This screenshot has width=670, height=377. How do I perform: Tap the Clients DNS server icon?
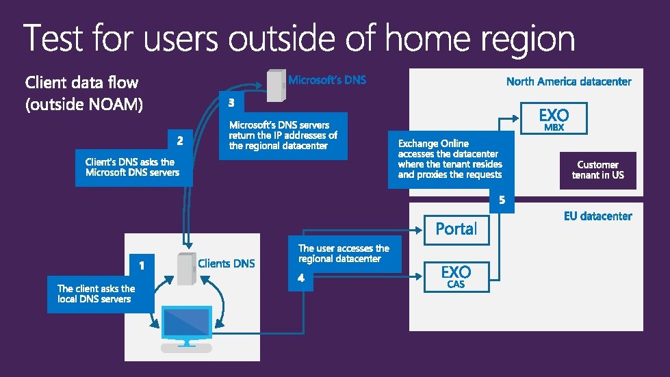click(186, 269)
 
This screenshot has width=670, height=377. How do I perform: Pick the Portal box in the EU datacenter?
click(456, 229)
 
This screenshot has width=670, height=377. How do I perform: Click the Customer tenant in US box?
click(597, 170)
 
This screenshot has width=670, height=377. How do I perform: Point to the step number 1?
click(141, 263)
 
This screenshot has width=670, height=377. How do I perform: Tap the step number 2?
click(180, 142)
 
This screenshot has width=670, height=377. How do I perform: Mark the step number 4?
click(302, 278)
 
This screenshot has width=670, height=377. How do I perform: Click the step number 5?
click(502, 200)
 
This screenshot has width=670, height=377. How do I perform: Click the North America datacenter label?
click(569, 81)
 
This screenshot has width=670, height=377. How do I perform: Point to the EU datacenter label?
click(597, 216)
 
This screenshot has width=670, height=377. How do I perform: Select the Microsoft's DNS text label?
click(327, 80)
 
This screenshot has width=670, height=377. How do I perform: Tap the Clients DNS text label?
click(226, 263)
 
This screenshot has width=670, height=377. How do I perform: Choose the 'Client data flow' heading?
click(81, 83)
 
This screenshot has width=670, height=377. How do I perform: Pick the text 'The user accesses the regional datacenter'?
click(344, 253)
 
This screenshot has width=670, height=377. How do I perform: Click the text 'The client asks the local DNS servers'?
click(96, 294)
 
